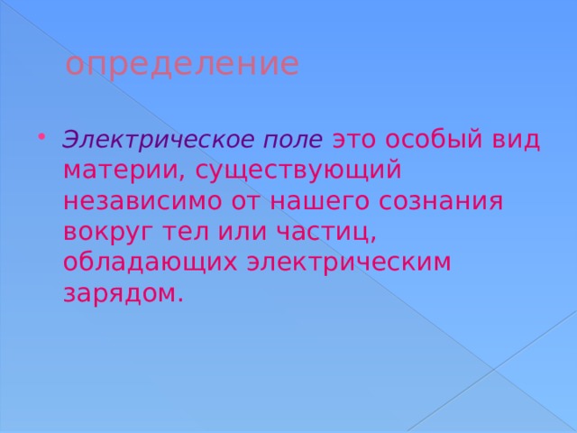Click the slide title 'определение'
pyautogui.click(x=182, y=65)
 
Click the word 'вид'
pyautogui.click(x=517, y=141)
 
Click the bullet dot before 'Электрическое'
pyautogui.click(x=44, y=137)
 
